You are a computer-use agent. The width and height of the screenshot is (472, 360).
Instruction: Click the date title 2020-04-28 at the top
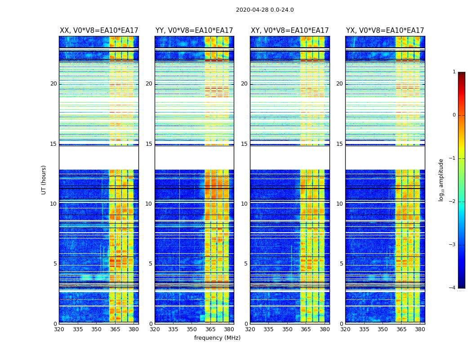(x=265, y=10)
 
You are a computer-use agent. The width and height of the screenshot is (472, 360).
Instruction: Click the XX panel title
(x=99, y=31)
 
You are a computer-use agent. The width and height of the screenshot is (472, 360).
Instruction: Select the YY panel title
(x=194, y=31)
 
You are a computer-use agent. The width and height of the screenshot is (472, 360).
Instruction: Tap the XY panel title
(x=290, y=31)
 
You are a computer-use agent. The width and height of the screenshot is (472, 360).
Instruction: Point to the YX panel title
(x=385, y=31)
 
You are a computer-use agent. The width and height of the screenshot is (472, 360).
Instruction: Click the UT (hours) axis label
(x=44, y=180)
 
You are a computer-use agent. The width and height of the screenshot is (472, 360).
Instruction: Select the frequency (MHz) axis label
(x=217, y=338)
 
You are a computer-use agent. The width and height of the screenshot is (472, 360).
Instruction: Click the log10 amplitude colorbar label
(x=441, y=180)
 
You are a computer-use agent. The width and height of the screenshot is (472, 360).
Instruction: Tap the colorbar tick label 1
(x=454, y=72)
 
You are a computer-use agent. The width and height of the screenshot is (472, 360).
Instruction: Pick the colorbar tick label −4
(x=453, y=288)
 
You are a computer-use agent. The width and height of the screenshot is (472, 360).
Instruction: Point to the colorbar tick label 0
(x=454, y=115)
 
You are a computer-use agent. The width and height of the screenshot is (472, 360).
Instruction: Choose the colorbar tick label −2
(x=453, y=202)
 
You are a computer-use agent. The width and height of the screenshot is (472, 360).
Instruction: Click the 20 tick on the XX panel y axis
(x=53, y=84)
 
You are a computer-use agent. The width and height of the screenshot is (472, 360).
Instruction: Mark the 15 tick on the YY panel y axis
(x=149, y=144)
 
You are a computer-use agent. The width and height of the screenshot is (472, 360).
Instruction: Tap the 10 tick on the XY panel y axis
(x=244, y=204)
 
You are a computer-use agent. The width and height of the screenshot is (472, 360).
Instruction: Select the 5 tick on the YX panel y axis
(x=341, y=264)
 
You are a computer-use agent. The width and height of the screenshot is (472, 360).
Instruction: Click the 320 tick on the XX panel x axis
(x=59, y=329)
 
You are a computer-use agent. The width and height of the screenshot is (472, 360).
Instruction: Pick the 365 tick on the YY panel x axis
(x=210, y=329)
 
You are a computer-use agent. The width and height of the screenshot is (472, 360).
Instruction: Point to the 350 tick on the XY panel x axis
(x=287, y=329)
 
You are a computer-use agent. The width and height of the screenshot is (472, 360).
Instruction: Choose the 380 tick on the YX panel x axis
(x=420, y=329)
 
